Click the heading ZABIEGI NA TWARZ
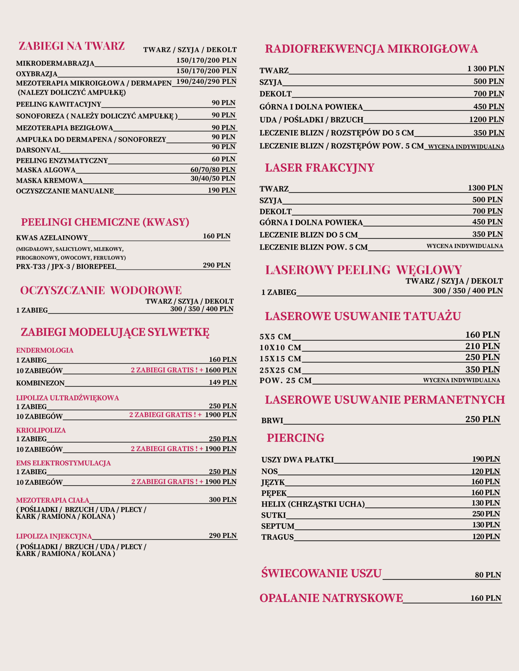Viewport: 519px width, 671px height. tap(71, 46)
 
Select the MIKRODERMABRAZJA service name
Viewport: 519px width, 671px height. tap(55, 63)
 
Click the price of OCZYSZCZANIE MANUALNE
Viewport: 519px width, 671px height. tap(221, 190)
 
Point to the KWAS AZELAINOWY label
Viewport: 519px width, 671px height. tap(52, 238)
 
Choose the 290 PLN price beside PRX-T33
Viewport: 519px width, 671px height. tap(216, 265)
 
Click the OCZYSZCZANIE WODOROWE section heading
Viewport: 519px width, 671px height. tap(101, 290)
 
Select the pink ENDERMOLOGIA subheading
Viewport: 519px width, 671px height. tap(45, 350)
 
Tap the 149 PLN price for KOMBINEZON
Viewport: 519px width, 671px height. tap(223, 382)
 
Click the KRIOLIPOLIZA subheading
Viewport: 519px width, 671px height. tap(41, 430)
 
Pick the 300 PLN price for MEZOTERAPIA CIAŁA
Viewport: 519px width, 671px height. tap(223, 500)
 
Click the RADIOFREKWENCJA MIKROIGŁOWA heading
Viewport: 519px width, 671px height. tap(371, 49)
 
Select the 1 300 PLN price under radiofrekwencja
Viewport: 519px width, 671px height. tap(485, 69)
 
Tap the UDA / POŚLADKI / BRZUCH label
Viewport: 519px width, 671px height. tap(311, 120)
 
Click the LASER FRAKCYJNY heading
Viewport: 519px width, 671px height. tap(319, 168)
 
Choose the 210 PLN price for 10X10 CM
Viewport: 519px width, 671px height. tap(482, 346)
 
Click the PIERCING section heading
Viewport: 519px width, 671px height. tap(295, 438)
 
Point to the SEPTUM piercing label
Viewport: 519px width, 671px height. tap(278, 526)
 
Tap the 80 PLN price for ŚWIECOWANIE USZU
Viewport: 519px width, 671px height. tap(488, 575)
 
